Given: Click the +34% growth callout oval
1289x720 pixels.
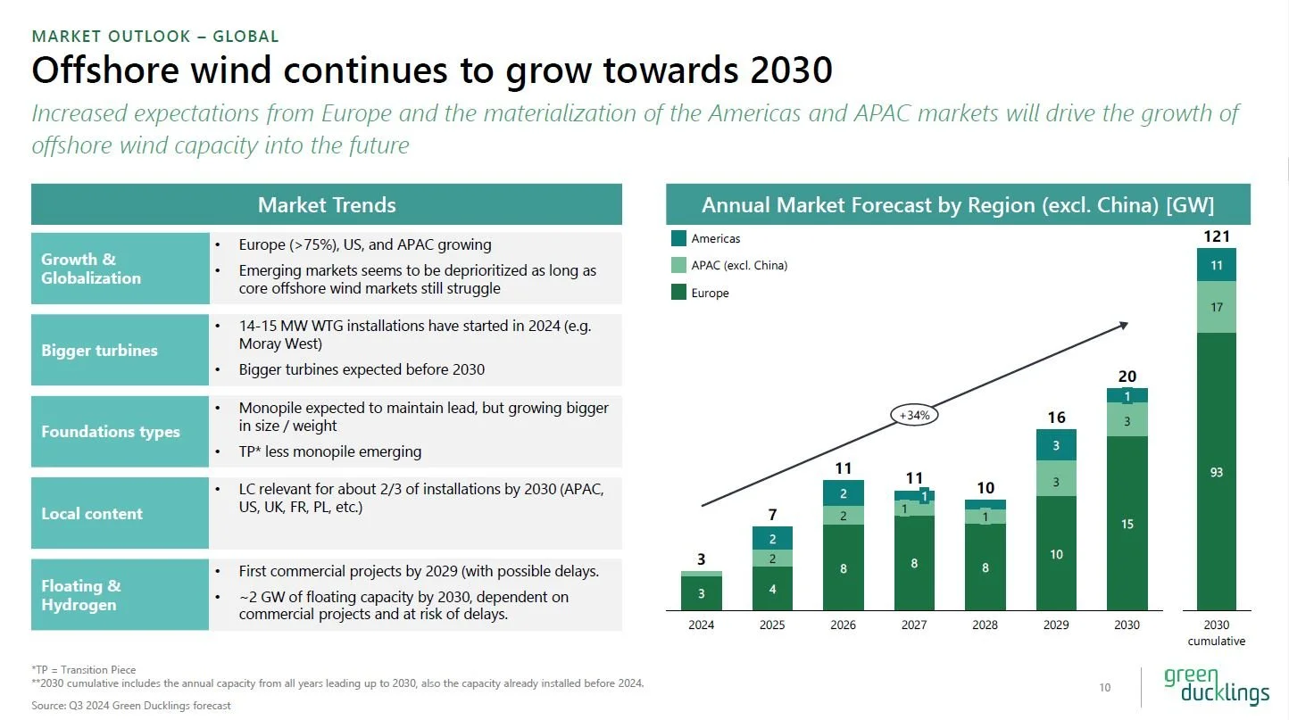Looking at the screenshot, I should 915,415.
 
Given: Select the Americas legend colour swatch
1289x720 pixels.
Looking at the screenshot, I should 678,238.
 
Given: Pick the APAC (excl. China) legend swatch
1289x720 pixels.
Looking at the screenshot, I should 678,265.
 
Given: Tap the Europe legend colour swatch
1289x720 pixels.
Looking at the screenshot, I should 678,293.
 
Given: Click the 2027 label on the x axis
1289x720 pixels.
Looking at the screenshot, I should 914,625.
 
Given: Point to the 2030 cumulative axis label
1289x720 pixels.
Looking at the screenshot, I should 1216,633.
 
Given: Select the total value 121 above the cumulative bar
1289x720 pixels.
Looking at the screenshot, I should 1217,236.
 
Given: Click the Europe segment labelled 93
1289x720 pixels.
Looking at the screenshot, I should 1217,472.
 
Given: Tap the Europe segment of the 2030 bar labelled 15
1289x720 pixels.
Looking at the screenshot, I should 1127,524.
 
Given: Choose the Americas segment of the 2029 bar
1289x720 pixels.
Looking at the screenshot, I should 1056,445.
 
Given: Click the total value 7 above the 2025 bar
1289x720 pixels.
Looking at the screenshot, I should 772,515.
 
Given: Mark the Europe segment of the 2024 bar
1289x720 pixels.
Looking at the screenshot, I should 701,593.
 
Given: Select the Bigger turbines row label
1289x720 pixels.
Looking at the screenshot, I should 99,350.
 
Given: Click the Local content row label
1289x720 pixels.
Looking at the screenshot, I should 92,513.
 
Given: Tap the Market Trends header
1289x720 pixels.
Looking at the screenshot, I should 327,205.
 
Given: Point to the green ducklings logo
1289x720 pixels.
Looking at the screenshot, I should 1216,685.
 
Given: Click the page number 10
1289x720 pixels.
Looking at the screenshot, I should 1105,687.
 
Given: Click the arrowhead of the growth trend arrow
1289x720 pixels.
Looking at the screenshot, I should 1125,326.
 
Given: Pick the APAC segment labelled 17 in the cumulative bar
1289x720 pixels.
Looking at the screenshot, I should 1217,307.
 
